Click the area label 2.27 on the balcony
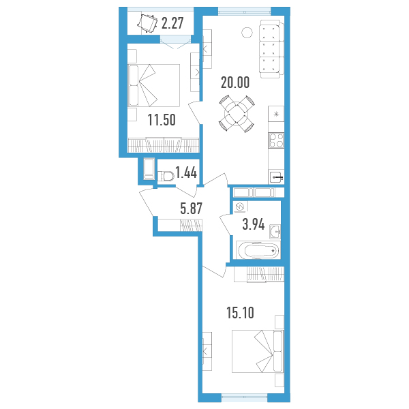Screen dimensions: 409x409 pos(172,23)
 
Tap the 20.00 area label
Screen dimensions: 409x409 pos(235,82)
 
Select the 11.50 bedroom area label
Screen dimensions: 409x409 pos(162,120)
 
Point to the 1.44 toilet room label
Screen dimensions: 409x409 pos(186,172)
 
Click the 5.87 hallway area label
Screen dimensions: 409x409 pos(191,209)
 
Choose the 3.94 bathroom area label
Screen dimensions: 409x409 pos(254,224)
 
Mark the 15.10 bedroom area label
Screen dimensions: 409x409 pos(240,313)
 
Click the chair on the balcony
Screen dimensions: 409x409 pos(147,23)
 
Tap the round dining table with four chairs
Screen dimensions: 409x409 pos(237,114)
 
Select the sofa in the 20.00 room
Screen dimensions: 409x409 pos(272,49)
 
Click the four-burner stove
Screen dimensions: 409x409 pos(276,140)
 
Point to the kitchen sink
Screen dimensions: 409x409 pos(277,178)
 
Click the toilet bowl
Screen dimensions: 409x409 pos(166,176)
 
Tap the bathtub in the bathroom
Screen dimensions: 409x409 pos(258,250)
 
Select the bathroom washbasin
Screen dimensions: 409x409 pos(275,231)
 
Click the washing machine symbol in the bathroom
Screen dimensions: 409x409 pos(240,207)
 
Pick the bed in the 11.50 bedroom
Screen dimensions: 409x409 pos(154,85)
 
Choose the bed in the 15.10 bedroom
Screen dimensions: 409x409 pos(258,351)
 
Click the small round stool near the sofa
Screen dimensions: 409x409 pos(247,32)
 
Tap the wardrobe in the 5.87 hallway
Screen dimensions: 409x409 pos(180,225)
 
